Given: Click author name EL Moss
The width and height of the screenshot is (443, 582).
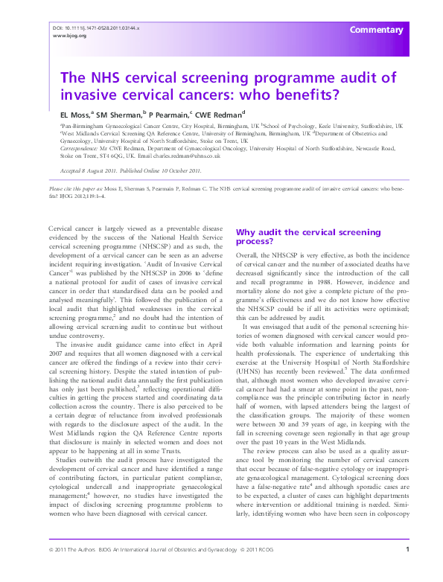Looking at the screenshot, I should (74, 115).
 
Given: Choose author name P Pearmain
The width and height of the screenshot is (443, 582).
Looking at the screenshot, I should (168, 115).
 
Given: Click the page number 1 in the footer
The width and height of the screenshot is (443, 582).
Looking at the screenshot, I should (407, 570).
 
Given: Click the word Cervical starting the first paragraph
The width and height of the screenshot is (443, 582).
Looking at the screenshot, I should (62, 226).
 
